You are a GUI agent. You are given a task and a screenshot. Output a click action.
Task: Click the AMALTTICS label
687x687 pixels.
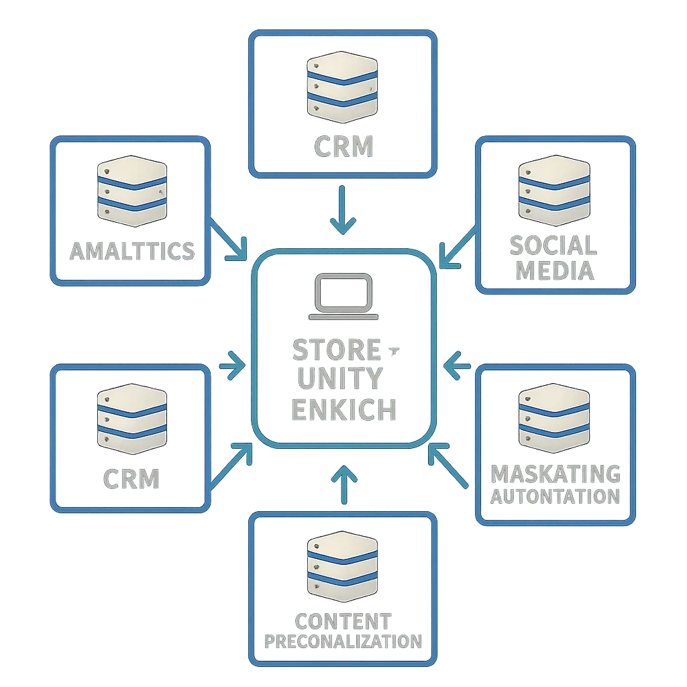[132, 252]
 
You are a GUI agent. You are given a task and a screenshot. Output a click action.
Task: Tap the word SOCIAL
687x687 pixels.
[553, 246]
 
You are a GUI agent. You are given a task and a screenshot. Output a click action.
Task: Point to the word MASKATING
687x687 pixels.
[556, 474]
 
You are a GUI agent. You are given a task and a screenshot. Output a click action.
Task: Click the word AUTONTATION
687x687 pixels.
[556, 496]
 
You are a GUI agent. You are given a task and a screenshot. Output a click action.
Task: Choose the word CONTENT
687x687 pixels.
[343, 620]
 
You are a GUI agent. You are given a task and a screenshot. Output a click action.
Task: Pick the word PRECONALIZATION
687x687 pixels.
[343, 641]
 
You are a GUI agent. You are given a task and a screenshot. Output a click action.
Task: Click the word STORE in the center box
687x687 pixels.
[337, 350]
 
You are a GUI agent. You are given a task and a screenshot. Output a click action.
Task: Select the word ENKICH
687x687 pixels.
[343, 409]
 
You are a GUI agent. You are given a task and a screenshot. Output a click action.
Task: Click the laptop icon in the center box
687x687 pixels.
[343, 298]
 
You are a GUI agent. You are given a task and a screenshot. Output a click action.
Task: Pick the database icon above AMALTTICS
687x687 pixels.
[131, 190]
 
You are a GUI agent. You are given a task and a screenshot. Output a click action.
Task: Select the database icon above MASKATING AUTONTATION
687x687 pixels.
[553, 417]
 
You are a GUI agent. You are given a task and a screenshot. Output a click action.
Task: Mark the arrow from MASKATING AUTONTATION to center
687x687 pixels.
[448, 464]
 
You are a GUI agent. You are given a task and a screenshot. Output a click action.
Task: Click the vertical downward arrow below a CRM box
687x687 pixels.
[343, 209]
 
